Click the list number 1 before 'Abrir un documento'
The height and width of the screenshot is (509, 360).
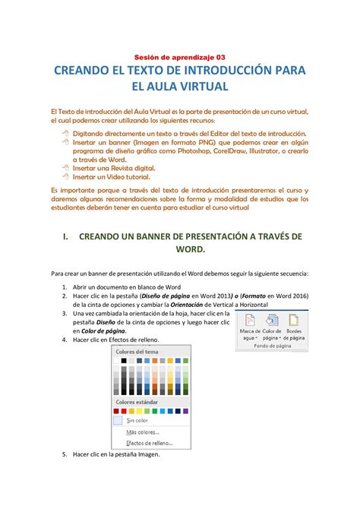coord(65,288)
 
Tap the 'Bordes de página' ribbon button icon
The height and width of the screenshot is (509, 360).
coord(292,321)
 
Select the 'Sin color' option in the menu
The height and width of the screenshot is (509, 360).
coord(137,419)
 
